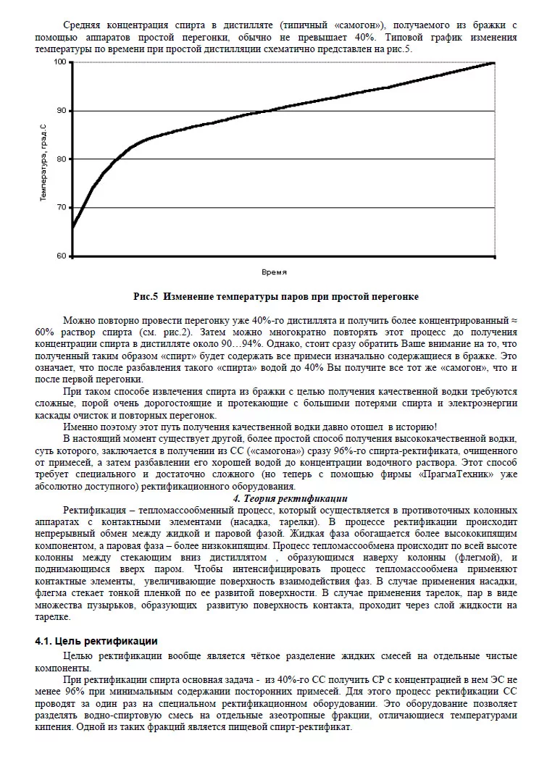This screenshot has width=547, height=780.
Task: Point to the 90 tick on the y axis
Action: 60,111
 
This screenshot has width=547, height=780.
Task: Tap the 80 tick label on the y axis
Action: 60,159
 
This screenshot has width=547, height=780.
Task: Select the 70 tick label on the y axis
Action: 60,208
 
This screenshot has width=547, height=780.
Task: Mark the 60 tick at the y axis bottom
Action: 60,256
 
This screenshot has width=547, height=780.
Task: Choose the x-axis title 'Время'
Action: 274,272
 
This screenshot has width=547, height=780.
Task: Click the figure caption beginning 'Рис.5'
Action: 276,297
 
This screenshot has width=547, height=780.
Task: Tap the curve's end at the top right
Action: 494,63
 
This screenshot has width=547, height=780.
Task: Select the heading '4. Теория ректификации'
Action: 290,498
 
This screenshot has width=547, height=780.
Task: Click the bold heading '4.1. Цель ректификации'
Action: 96,641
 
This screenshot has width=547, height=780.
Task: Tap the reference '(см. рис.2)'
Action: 172,331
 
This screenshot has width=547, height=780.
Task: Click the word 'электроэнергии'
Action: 484,404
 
